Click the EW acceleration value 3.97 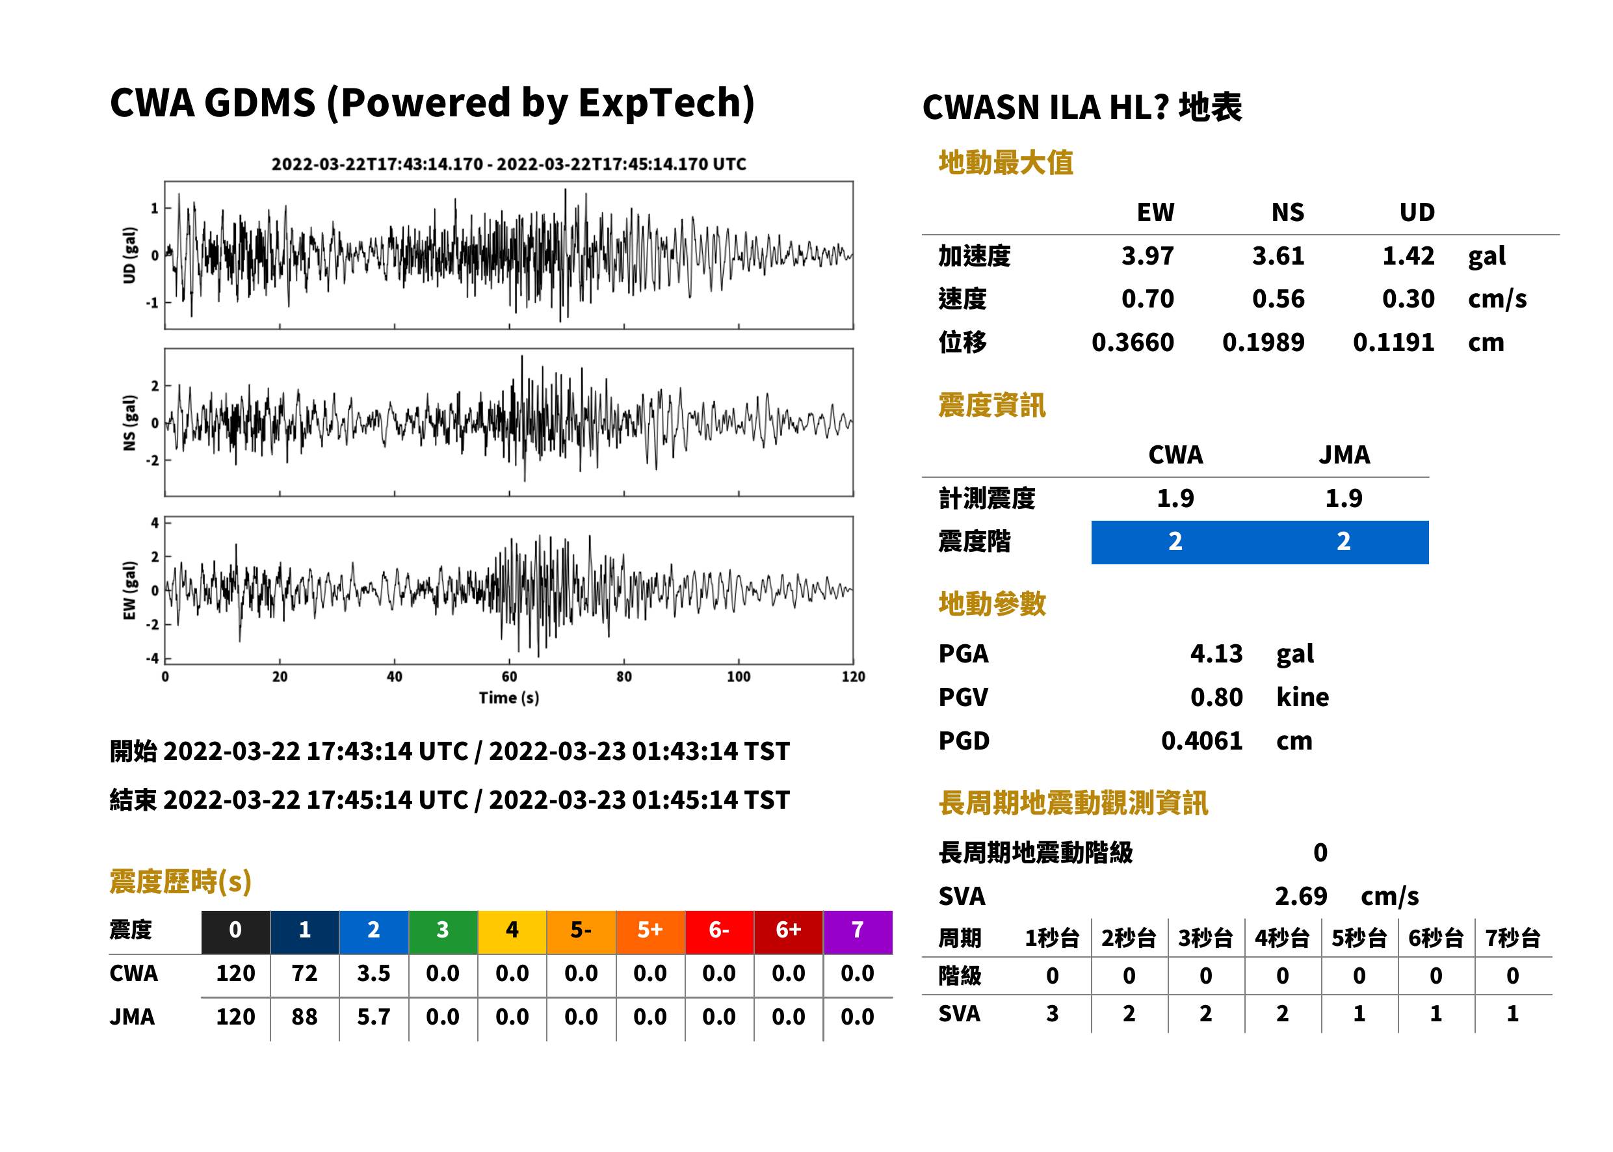[x=1147, y=255]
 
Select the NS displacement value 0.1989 [x=1263, y=343]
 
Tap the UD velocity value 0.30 [x=1408, y=298]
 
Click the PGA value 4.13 [x=1216, y=653]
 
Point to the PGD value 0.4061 [x=1201, y=740]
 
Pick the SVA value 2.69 [x=1301, y=896]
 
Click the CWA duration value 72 [x=304, y=973]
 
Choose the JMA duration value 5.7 [x=373, y=1017]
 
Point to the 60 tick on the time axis [x=509, y=677]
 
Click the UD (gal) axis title [x=129, y=255]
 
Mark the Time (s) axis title [x=508, y=698]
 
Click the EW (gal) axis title [x=129, y=590]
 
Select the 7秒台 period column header [x=1512, y=939]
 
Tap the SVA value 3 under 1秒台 [x=1052, y=1014]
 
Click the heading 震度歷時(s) [x=181, y=882]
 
